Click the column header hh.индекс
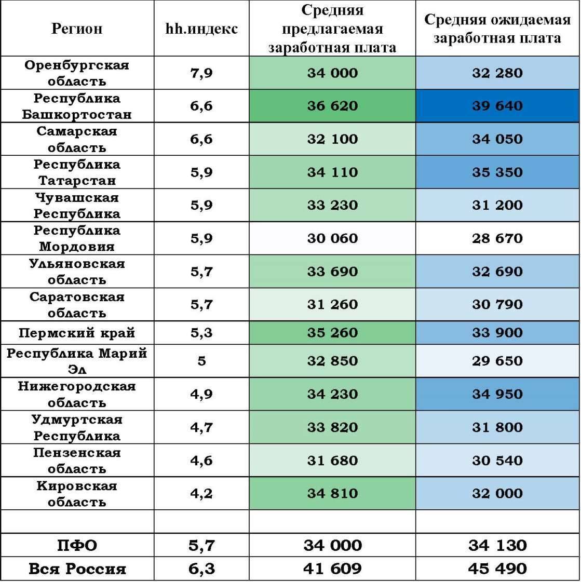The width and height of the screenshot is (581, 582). [x=201, y=29]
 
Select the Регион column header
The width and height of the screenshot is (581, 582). [x=77, y=29]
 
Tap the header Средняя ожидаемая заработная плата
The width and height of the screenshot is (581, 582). [x=497, y=29]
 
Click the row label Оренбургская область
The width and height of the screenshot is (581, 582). [x=77, y=73]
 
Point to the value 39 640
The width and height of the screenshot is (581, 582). [x=497, y=106]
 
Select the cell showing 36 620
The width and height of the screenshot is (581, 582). [x=332, y=106]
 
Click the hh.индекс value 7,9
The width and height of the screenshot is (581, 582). [x=201, y=73]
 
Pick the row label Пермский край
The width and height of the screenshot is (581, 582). [x=77, y=333]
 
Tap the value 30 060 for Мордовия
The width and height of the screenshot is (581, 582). [x=332, y=238]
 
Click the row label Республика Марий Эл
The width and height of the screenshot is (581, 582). [x=77, y=361]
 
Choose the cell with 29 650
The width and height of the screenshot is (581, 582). [x=497, y=361]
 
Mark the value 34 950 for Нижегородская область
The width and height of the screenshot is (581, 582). [x=497, y=394]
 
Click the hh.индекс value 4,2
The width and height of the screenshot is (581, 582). [x=201, y=493]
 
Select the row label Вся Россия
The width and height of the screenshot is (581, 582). [x=77, y=569]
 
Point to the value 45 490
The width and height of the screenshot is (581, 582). [x=497, y=569]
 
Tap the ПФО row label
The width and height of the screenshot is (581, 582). [x=77, y=546]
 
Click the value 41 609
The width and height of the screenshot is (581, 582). [x=332, y=569]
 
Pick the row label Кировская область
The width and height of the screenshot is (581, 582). [x=77, y=494]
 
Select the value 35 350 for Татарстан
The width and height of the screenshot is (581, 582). [x=497, y=172]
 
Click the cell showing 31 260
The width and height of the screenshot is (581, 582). [x=332, y=304]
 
